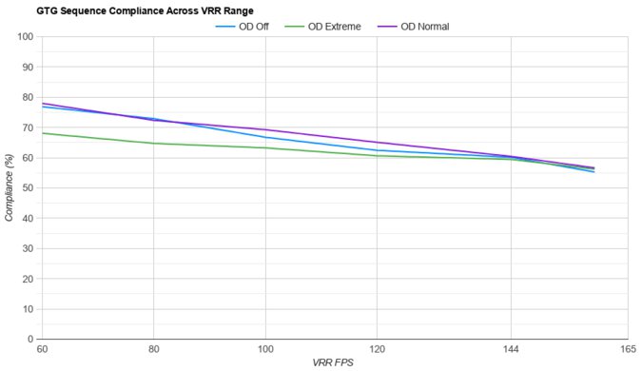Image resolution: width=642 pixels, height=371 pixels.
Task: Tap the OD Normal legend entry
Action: point(425,27)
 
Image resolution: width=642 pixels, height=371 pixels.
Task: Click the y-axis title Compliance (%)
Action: point(10,188)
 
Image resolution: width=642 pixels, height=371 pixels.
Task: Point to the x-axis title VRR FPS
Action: point(333,362)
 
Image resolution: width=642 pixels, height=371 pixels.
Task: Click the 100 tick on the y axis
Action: point(26,37)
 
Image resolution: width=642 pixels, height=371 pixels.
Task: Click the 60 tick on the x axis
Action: point(42,349)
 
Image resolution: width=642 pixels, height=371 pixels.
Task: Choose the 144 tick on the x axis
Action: point(512,349)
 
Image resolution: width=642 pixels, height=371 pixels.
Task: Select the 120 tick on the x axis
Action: point(378,349)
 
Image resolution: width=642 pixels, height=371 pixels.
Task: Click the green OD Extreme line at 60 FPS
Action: point(43,133)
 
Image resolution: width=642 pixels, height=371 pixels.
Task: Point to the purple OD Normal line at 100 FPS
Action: point(265,130)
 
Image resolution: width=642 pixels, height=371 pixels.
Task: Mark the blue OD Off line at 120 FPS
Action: point(378,150)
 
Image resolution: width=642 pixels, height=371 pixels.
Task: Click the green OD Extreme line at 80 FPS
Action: point(153,144)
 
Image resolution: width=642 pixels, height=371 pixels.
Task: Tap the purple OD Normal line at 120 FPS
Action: point(378,143)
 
